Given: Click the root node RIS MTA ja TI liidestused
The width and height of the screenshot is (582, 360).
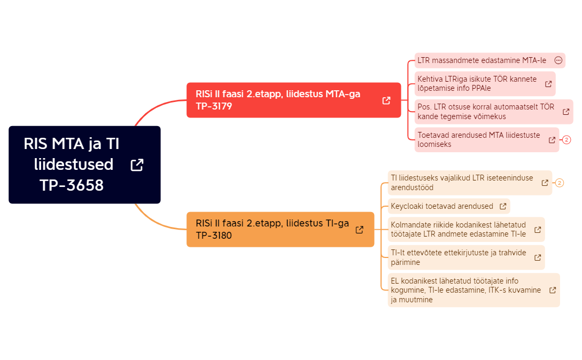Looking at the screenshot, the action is (x=84, y=165).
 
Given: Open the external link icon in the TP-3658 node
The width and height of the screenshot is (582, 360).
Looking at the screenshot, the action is (x=137, y=165).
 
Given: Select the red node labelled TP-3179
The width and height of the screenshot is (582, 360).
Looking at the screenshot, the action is (x=293, y=100).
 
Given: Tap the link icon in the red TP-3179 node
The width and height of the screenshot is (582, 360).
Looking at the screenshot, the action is (x=386, y=100).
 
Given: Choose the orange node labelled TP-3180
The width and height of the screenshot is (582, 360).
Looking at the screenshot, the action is (x=280, y=229).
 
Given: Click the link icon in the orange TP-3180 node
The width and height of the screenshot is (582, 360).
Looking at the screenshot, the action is (x=359, y=230).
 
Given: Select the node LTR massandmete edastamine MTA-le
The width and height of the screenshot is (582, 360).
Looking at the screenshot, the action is (x=490, y=60).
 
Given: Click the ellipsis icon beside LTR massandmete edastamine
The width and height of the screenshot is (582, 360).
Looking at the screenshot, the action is (x=558, y=60).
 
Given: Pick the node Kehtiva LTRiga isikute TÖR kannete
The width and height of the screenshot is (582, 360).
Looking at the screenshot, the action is (x=485, y=83).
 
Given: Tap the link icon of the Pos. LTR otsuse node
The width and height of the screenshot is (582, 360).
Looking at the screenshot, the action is (x=566, y=112).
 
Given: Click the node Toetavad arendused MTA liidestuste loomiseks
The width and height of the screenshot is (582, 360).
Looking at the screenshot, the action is (x=487, y=139).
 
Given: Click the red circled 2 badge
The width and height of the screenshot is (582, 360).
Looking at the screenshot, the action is (x=567, y=140).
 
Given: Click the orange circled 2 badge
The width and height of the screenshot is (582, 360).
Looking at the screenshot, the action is (x=560, y=183).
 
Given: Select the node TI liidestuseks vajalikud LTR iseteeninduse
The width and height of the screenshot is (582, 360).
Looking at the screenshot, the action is (x=470, y=183).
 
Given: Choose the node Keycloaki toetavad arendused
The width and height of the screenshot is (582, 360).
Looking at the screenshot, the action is (x=449, y=206).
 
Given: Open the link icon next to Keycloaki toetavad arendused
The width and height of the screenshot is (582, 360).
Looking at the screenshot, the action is (x=503, y=206).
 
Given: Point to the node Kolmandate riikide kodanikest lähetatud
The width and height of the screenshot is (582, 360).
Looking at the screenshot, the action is (x=466, y=229).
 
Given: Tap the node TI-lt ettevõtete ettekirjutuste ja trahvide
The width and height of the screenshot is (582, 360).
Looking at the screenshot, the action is (x=466, y=257).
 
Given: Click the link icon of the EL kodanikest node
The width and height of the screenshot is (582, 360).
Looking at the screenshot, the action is (x=553, y=290).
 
